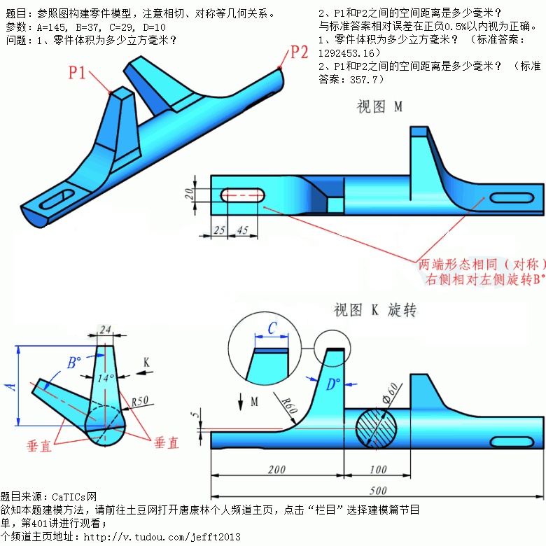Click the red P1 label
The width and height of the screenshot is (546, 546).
pyautogui.click(x=77, y=71)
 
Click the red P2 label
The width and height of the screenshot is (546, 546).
pyautogui.click(x=299, y=52)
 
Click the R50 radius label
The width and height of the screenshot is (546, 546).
pyautogui.click(x=142, y=402)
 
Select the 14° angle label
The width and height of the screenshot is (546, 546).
pyautogui.click(x=106, y=377)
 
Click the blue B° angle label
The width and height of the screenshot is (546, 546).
pyautogui.click(x=73, y=363)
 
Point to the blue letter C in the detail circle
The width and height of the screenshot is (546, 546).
pyautogui.click(x=272, y=328)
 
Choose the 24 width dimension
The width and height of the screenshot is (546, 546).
pyautogui.click(x=106, y=329)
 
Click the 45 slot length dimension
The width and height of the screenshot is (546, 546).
pyautogui.click(x=243, y=230)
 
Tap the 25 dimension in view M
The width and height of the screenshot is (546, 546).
pyautogui.click(x=220, y=230)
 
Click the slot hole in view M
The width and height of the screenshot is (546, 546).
pyautogui.click(x=241, y=195)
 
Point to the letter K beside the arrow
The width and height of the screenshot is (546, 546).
pyautogui.click(x=146, y=362)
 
